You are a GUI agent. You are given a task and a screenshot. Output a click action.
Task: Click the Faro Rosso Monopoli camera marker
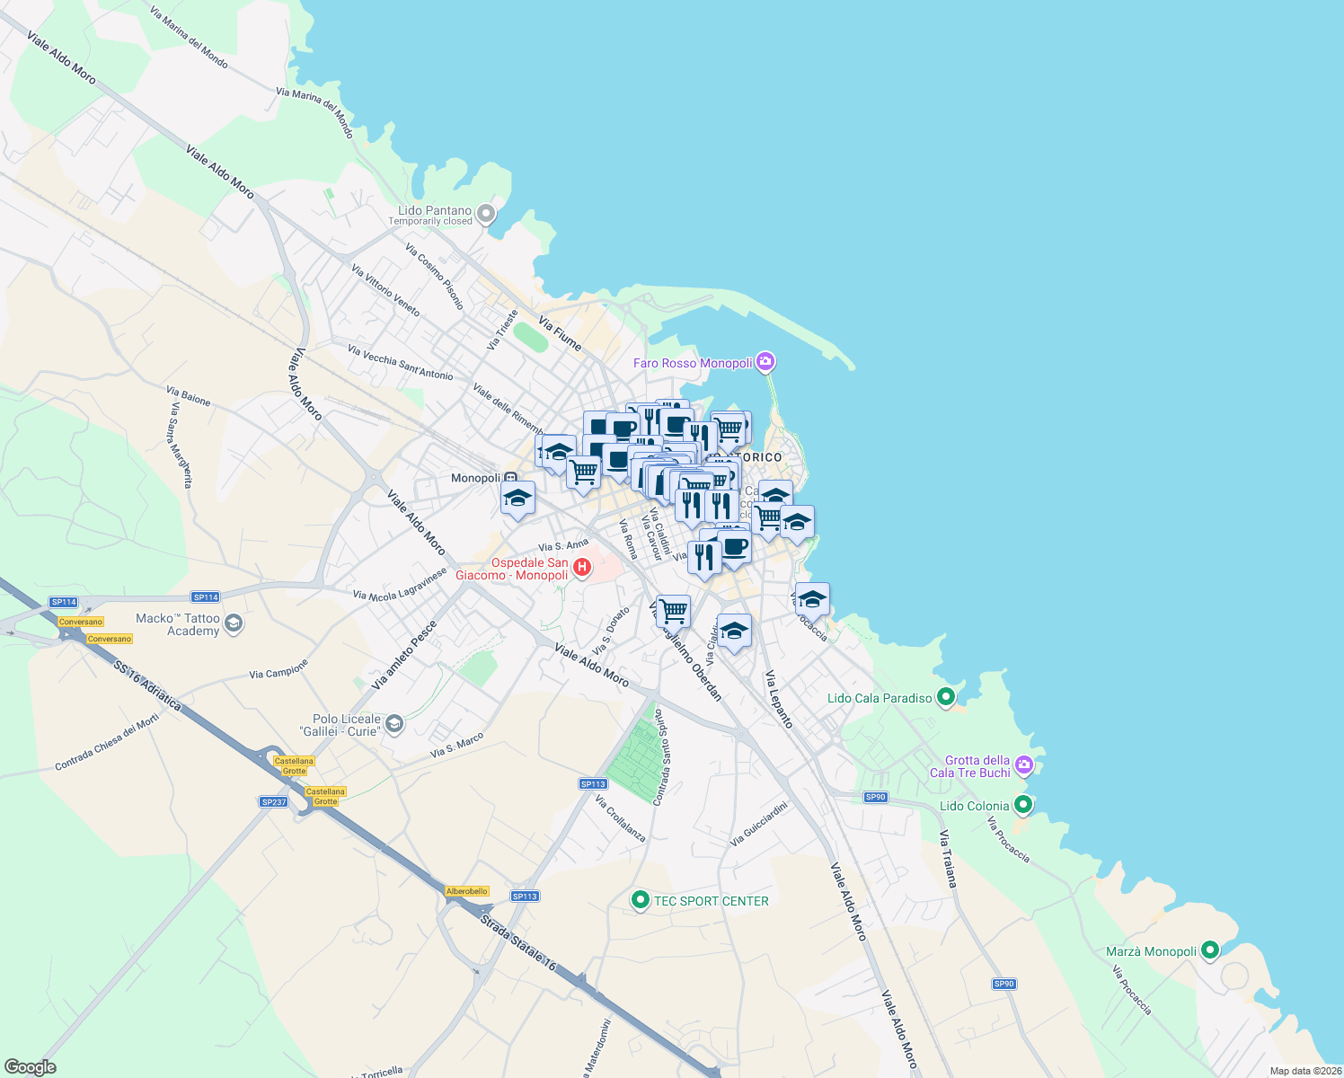coord(765,362)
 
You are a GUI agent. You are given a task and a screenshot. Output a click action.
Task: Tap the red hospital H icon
coord(581,567)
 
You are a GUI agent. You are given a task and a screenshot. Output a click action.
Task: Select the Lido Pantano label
coord(434,211)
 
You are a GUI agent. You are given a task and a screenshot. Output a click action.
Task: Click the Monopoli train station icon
coord(510,478)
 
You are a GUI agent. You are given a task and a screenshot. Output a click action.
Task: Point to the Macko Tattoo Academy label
coord(178,624)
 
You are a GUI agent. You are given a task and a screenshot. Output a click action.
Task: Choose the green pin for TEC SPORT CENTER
coord(640,899)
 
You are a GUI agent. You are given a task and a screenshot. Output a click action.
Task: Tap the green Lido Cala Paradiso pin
coord(945,696)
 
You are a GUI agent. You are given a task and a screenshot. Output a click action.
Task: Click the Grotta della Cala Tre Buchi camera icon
coord(1024,765)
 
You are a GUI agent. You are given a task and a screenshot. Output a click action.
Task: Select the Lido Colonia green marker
coord(1022,804)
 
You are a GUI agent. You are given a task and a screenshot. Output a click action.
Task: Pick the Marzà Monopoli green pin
coord(1209,950)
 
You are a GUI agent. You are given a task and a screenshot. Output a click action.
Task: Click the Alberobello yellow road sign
coord(467,891)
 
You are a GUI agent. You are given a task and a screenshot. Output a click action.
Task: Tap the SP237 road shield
coord(273,801)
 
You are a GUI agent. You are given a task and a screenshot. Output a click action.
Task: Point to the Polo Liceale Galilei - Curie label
coord(346,725)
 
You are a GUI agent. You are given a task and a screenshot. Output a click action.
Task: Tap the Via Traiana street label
coord(948,859)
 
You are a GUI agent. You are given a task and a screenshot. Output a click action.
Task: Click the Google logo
coord(30,1067)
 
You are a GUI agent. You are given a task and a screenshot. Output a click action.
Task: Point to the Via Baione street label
coord(188,395)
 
